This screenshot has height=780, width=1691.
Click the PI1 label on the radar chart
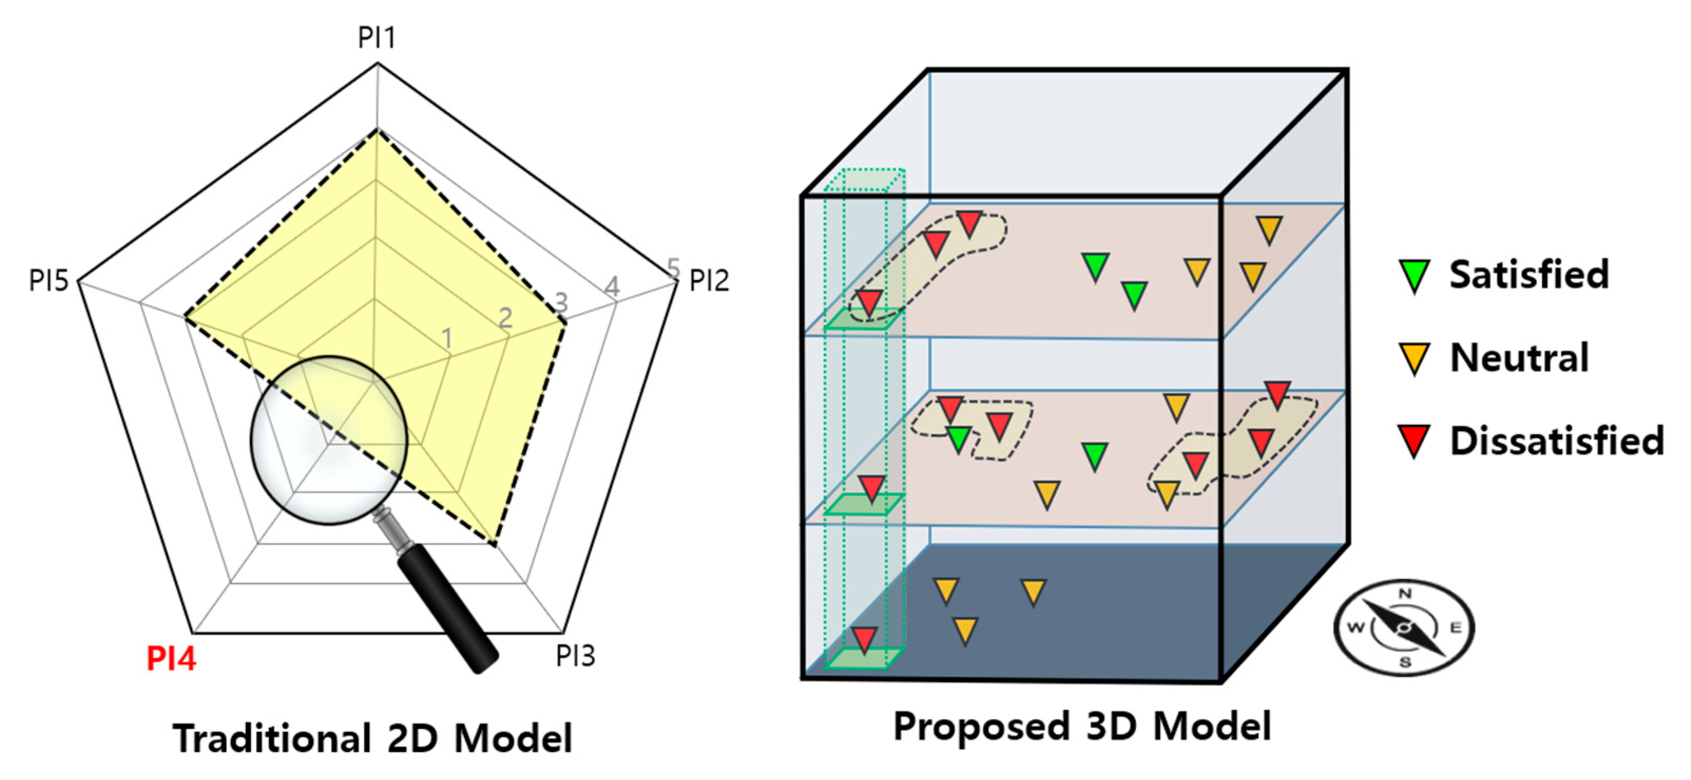pos(376,37)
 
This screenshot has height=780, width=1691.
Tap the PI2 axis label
pos(708,281)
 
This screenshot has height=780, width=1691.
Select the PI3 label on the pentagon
pos(575,655)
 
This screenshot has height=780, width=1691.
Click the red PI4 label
pos(171,659)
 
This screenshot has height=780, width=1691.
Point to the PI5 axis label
pos(49,281)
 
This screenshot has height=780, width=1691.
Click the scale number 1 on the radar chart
pos(447,339)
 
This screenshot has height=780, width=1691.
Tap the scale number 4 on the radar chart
pos(612,286)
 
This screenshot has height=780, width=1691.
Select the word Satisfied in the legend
pos(1529,274)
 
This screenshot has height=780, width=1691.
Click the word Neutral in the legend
pos(1519,358)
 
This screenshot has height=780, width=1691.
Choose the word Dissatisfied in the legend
pos(1557,441)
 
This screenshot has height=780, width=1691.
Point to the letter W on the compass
pos(1356,627)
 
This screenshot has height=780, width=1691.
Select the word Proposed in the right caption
pos(982,726)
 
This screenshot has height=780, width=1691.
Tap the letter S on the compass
pos(1405,662)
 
